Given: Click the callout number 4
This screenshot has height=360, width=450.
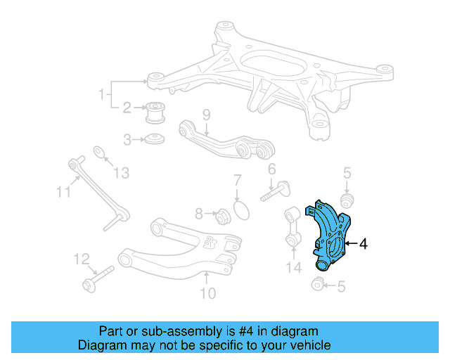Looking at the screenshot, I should tap(363, 245).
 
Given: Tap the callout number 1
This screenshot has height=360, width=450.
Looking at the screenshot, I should tap(101, 94).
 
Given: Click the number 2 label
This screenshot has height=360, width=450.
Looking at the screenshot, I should tap(127, 108).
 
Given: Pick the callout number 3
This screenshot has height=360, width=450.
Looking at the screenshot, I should tap(127, 140).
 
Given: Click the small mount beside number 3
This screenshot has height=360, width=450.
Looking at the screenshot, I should tap(155, 139).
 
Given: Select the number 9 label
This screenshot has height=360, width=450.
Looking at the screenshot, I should tap(206, 114).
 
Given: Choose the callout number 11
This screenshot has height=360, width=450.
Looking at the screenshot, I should tap(63, 191).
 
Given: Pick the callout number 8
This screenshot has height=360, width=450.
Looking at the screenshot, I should tap(199, 213).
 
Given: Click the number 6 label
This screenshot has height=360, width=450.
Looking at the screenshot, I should tap(271, 169).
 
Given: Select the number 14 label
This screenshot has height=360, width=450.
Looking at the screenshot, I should tap(293, 267).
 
